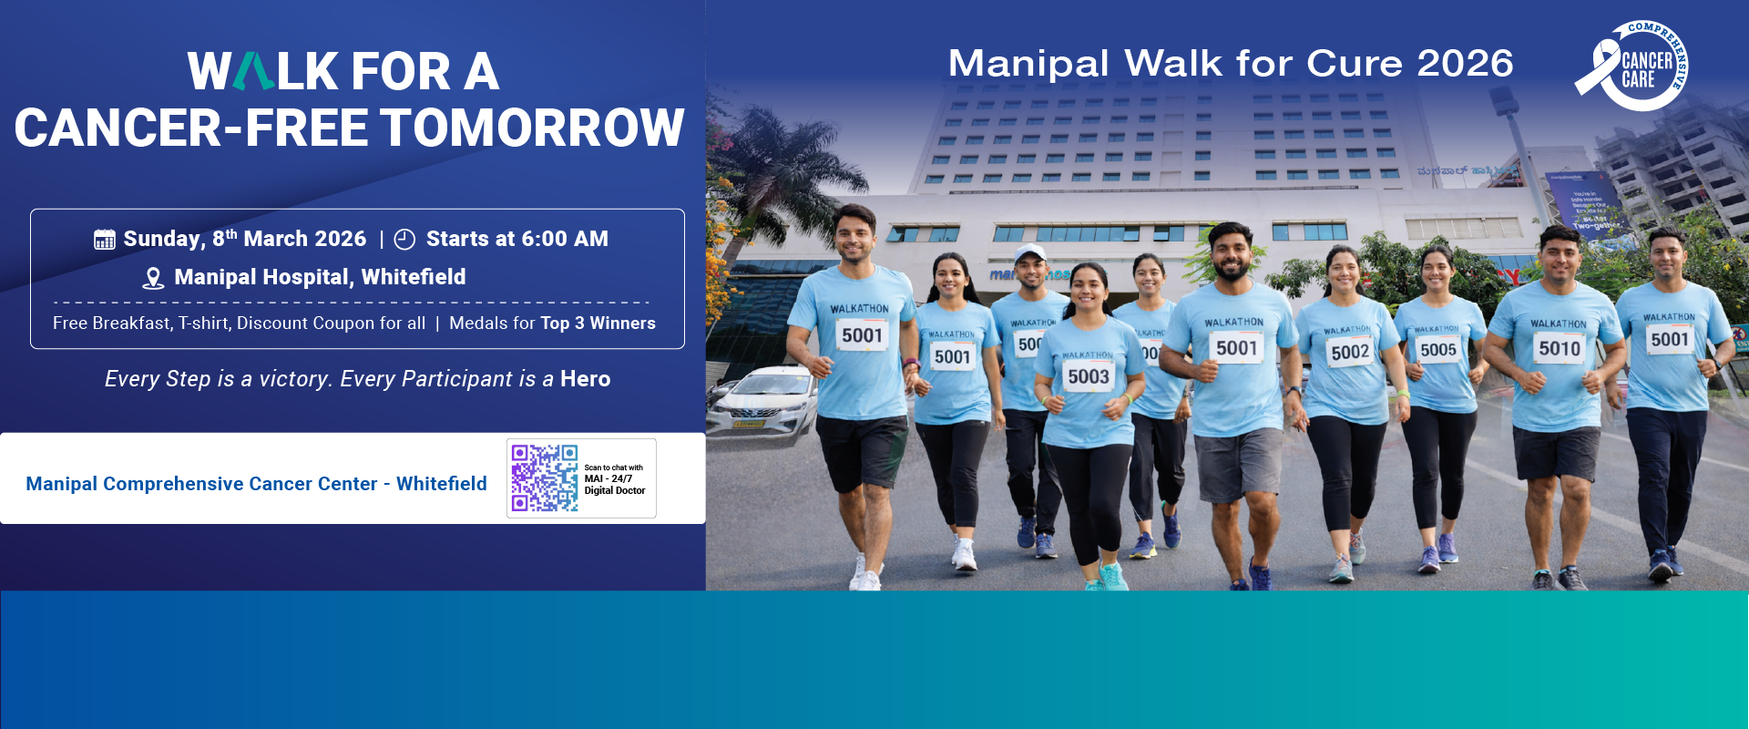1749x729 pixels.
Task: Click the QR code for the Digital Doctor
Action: (x=544, y=478)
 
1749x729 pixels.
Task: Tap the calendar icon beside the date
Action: (x=105, y=240)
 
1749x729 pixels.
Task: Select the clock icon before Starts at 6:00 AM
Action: (x=404, y=240)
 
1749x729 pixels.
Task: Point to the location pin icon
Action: (x=153, y=278)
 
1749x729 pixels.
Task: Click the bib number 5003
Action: (x=1088, y=376)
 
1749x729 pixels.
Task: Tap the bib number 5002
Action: (x=1350, y=352)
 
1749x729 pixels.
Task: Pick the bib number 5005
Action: (x=1438, y=350)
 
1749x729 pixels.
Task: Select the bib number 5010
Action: (x=1560, y=348)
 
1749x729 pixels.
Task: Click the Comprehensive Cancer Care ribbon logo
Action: (x=1632, y=67)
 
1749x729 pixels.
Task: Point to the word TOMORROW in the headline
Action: (x=532, y=128)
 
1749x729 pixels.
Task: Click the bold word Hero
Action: (x=585, y=379)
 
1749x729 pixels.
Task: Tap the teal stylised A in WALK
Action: (x=253, y=72)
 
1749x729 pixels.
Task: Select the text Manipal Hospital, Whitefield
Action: (x=320, y=277)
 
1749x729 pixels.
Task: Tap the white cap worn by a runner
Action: (x=1030, y=252)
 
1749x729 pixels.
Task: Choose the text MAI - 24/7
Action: (x=609, y=478)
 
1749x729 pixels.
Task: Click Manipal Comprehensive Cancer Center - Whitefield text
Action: (x=256, y=484)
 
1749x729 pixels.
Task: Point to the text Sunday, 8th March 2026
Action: (x=244, y=239)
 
